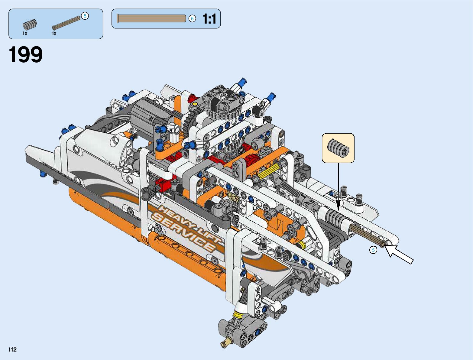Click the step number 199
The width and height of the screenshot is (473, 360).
click(x=26, y=55)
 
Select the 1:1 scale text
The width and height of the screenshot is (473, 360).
click(x=209, y=19)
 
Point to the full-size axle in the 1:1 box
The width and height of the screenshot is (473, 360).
click(x=151, y=18)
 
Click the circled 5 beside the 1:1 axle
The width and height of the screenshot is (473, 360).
click(x=192, y=19)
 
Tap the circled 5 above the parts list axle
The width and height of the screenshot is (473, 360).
click(x=85, y=16)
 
